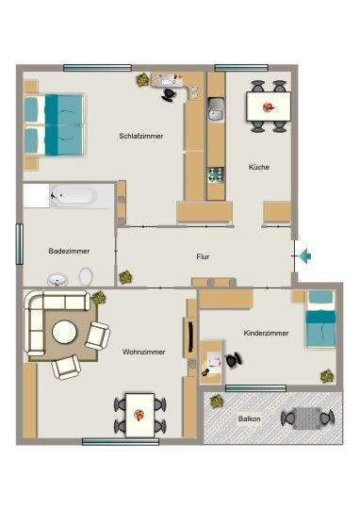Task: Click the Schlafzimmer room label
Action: [x=140, y=136]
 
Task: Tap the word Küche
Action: [x=259, y=167]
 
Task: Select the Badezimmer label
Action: [x=68, y=251]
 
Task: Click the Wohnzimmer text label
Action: [x=143, y=352]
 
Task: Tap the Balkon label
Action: [x=250, y=419]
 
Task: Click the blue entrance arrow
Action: [x=307, y=254]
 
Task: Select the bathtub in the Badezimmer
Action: [x=72, y=195]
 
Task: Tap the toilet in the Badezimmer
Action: [x=86, y=277]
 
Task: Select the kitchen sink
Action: [x=216, y=114]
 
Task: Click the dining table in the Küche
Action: [x=268, y=107]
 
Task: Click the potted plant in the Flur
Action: [x=125, y=277]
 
